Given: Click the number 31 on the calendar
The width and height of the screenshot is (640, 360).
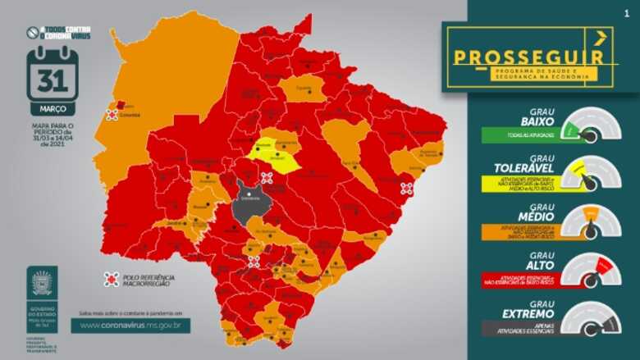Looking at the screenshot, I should click(53, 83).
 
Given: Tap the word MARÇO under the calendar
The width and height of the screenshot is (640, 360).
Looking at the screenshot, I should click(53, 108).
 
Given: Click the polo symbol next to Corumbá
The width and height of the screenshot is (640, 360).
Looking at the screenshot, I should click(111, 116).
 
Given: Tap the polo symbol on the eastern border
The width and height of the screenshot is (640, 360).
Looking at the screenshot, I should click(405, 188).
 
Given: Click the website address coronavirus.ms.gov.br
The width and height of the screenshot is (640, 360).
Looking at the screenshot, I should click(130, 325).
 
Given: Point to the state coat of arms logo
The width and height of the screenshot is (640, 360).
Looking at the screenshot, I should click(41, 283).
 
